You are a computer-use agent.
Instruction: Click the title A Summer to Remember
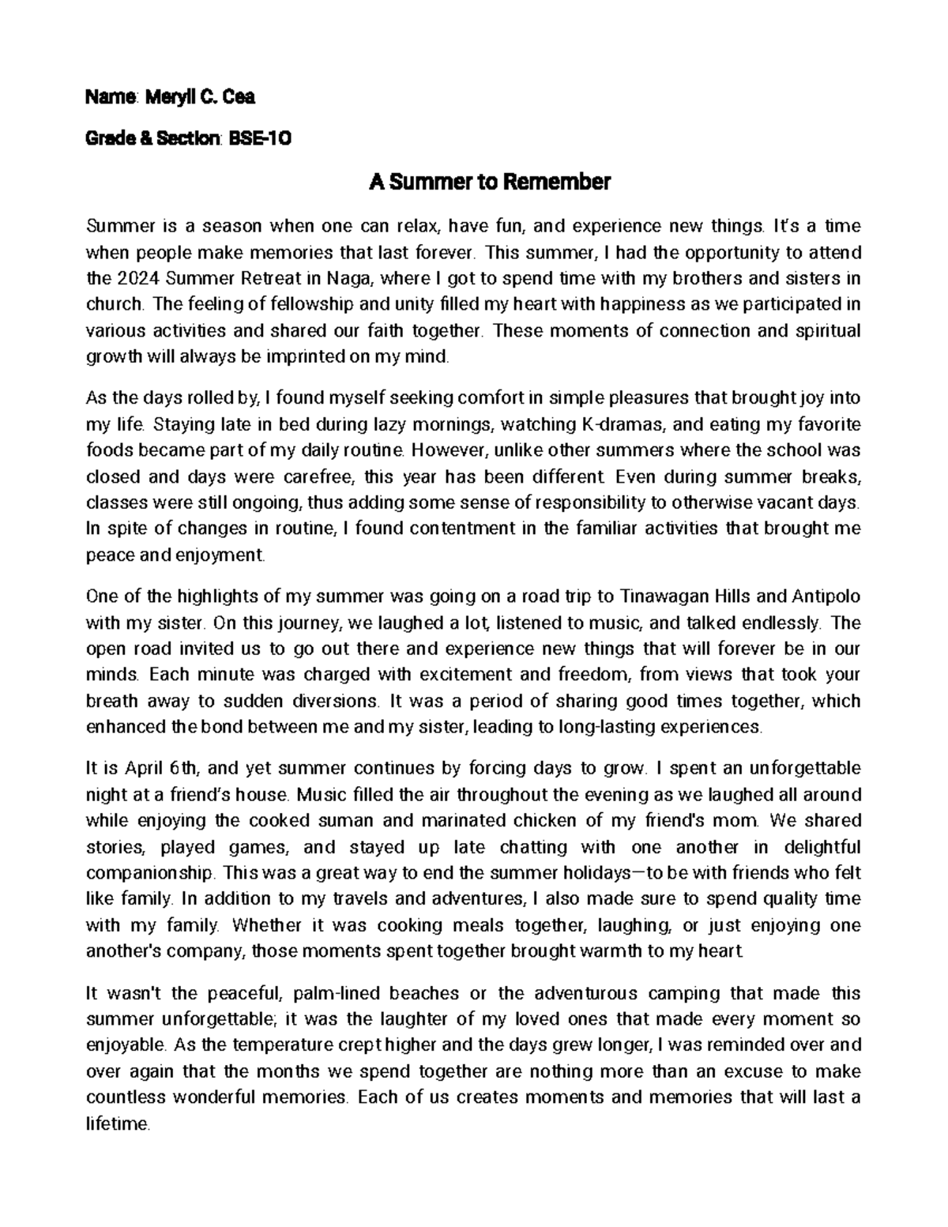point(490,183)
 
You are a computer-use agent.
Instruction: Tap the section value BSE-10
point(259,139)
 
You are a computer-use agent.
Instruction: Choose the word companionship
point(149,873)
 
